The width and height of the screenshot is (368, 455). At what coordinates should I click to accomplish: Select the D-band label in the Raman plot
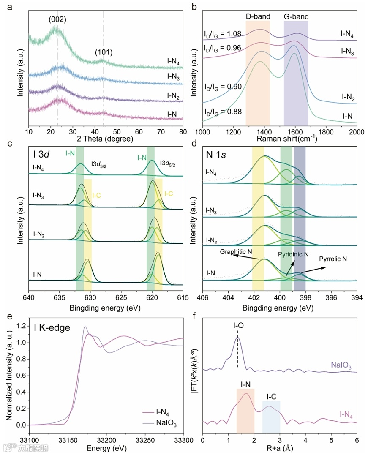click(x=258, y=17)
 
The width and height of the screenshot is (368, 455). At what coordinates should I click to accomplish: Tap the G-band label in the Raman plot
click(x=296, y=17)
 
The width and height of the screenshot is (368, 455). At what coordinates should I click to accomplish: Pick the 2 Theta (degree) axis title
click(x=105, y=139)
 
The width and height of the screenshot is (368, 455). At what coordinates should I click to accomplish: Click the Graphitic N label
click(x=236, y=252)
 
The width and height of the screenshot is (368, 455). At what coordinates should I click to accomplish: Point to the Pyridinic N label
click(x=293, y=255)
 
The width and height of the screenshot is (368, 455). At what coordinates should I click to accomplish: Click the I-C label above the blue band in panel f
click(x=272, y=397)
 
